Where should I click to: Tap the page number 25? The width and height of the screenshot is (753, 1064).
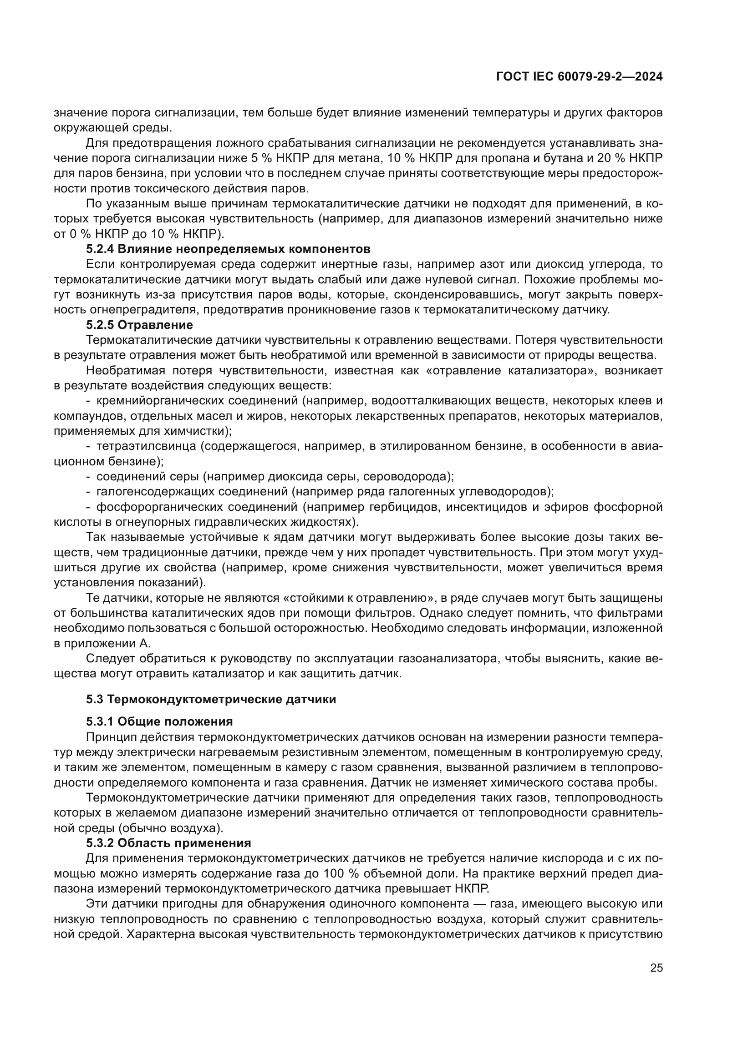click(x=656, y=968)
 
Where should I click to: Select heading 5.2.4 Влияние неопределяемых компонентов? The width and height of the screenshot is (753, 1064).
click(x=228, y=249)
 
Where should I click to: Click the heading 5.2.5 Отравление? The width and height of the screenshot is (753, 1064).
click(x=139, y=325)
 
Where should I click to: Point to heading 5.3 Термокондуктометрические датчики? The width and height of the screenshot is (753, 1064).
click(x=211, y=699)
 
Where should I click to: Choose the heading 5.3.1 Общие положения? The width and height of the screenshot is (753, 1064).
click(x=159, y=721)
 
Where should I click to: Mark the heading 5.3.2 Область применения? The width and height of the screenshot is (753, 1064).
click(x=168, y=843)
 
